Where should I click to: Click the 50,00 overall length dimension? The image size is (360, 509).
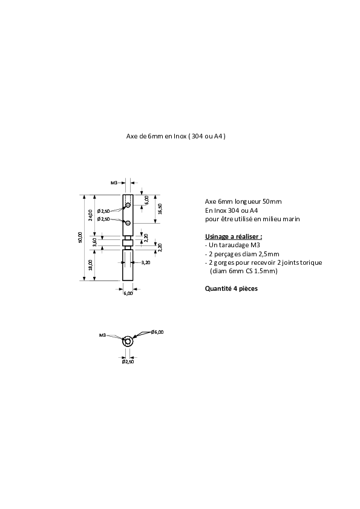[x=80, y=238]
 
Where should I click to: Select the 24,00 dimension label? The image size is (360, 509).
[x=90, y=215]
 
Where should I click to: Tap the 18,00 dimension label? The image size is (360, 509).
[x=90, y=265]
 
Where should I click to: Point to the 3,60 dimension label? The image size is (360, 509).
[x=94, y=242]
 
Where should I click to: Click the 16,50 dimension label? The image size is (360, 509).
[x=160, y=209]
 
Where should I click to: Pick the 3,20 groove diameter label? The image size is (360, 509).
[x=146, y=262]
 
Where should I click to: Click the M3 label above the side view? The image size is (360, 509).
[x=114, y=183]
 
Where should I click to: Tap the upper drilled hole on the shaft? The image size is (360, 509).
[x=128, y=205]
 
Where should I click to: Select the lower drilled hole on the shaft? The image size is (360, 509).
[x=128, y=222]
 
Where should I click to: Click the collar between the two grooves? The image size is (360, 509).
[x=128, y=242]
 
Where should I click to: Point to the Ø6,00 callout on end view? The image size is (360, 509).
[x=157, y=332]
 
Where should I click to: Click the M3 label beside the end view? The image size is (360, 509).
[x=103, y=335]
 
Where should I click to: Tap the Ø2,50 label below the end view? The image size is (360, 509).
[x=128, y=361]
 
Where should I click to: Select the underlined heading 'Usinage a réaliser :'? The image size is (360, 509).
[x=234, y=236]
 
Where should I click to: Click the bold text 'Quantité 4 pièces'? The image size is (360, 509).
[x=231, y=288]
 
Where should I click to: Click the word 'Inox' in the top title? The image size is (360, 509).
[x=180, y=137]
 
